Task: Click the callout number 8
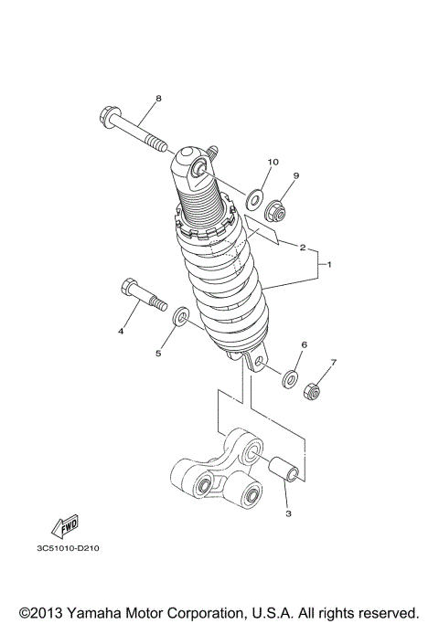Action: tap(157, 98)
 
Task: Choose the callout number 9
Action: tap(271, 175)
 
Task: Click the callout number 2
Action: tap(301, 247)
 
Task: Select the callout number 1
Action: tap(329, 265)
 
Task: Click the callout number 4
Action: tap(120, 332)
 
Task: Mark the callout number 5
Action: tap(156, 351)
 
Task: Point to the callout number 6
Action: tap(304, 344)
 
